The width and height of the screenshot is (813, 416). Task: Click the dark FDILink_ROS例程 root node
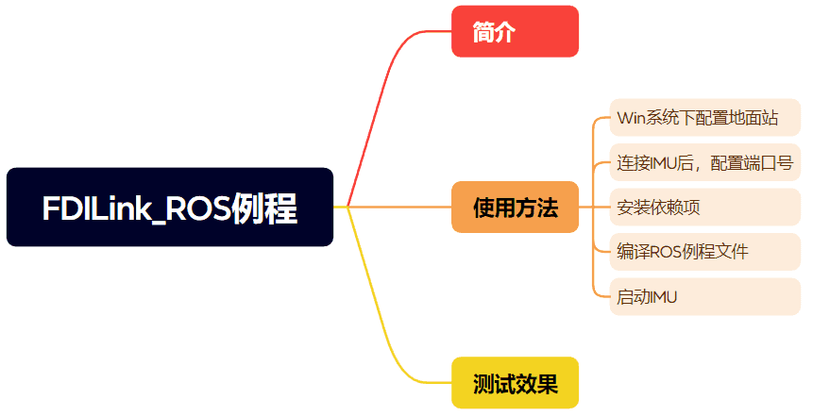170,208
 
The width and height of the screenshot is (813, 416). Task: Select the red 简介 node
515,32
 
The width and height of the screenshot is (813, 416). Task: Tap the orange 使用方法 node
515,208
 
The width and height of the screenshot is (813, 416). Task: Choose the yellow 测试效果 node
515,383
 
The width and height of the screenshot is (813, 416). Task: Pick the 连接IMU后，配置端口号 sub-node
704,162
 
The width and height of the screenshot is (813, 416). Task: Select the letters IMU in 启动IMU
663,297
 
